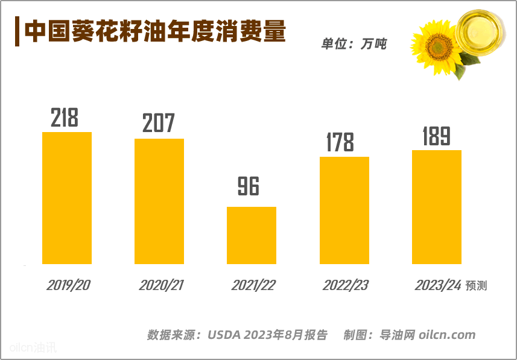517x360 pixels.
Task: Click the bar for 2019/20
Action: [x=66, y=198]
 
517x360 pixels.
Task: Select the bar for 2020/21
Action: [x=159, y=201]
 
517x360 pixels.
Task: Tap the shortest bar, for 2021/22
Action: [x=251, y=235]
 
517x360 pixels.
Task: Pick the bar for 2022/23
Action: [x=344, y=210]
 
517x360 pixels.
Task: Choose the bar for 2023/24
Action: [x=436, y=207]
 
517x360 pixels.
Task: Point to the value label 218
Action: [x=65, y=118]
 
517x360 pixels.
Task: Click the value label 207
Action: [x=158, y=124]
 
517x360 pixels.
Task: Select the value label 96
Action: [x=248, y=187]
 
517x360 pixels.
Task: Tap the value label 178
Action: [x=340, y=142]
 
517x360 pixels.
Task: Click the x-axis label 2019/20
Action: [x=68, y=285]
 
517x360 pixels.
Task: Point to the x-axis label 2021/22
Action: [x=253, y=285]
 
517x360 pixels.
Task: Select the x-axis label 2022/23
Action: [x=345, y=285]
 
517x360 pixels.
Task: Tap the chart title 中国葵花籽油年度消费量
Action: [x=155, y=31]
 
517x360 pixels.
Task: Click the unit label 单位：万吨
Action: [x=354, y=44]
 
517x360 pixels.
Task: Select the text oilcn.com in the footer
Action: [x=447, y=335]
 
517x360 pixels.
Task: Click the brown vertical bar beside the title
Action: [x=17, y=32]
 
